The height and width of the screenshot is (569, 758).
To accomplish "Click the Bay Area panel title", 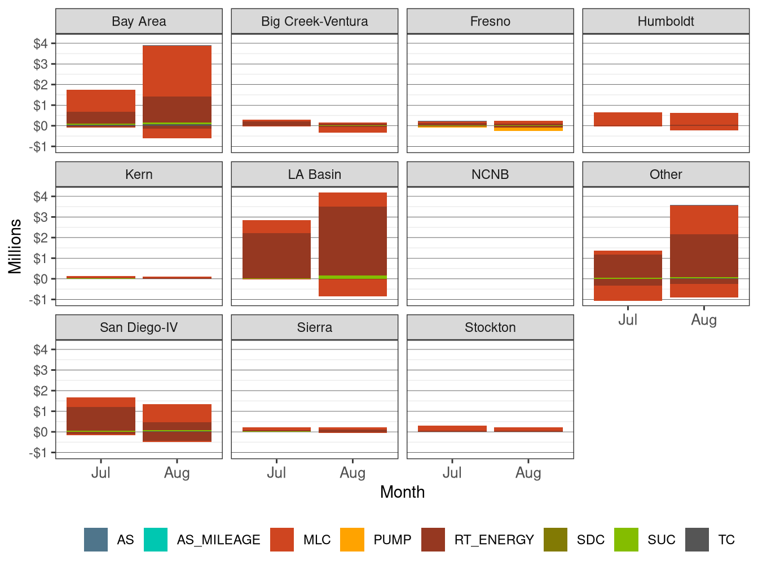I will coord(139,21).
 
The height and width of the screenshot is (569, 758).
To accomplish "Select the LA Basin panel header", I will coord(314,174).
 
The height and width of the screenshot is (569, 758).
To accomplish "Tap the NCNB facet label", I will coord(490,174).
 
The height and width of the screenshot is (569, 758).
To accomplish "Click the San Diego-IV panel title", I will coord(139,327).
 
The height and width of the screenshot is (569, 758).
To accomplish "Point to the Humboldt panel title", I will coord(666,21).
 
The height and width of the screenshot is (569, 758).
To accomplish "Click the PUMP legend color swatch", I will coord(352,540).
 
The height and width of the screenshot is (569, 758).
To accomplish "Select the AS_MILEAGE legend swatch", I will coord(156,540).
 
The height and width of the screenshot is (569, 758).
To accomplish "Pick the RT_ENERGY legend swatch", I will coord(433,540).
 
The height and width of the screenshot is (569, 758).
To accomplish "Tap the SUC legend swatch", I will coord(626,540).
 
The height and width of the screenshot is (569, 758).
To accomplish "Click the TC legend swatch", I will coord(697,540).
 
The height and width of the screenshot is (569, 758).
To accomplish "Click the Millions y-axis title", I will coord(15,246).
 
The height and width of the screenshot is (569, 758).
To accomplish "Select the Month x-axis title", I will coord(402,492).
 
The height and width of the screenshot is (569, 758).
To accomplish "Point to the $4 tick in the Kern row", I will coord(41,196).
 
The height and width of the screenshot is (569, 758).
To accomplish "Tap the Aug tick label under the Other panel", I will coord(704,320).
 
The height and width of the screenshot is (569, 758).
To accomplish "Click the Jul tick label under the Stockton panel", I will coord(452,473).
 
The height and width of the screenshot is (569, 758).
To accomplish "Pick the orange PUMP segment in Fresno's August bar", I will coord(528,129).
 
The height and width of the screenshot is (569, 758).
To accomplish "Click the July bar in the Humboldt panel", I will coord(628,119).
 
